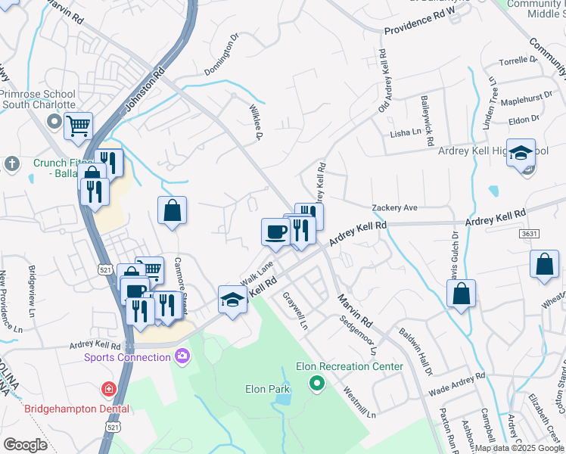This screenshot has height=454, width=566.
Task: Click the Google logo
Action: (25, 444)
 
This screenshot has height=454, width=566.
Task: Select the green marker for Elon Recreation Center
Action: (317, 384)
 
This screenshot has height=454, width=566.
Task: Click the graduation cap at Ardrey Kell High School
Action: (521, 154)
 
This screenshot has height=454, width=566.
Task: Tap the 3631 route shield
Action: (530, 234)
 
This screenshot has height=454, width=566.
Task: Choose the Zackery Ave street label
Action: (394, 207)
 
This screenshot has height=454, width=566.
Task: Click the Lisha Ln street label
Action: (405, 132)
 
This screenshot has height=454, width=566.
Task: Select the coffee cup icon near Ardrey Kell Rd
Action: (275, 231)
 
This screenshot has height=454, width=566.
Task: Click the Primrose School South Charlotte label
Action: (38, 99)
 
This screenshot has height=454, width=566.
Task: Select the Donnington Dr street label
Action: (221, 54)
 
